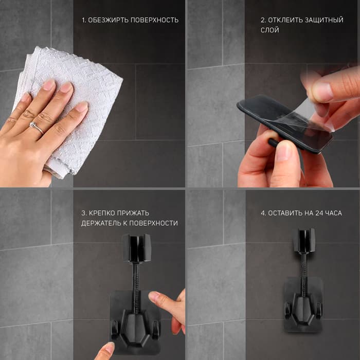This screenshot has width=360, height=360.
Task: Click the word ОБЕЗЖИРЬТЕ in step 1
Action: (107, 20)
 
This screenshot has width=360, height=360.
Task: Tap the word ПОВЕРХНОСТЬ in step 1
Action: (154, 20)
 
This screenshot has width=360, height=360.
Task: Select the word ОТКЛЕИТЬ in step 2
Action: (285, 20)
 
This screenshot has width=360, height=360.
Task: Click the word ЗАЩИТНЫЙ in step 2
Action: (324, 20)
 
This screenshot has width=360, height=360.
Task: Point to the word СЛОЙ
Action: (270, 30)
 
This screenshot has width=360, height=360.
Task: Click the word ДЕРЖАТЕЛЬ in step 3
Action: (101, 223)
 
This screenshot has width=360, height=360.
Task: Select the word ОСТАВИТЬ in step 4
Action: (285, 213)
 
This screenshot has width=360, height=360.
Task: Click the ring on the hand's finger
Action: (36, 127)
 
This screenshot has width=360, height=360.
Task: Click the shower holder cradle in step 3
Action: (136, 248)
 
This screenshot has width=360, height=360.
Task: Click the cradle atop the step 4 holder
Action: (304, 240)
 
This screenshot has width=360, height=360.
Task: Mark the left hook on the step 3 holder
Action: (115, 330)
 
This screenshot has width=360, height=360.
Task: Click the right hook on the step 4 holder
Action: (319, 311)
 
